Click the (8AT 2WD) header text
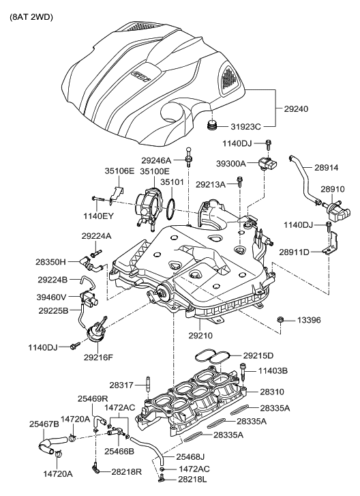[32, 16]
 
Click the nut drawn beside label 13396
[280, 319]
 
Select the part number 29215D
[258, 355]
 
